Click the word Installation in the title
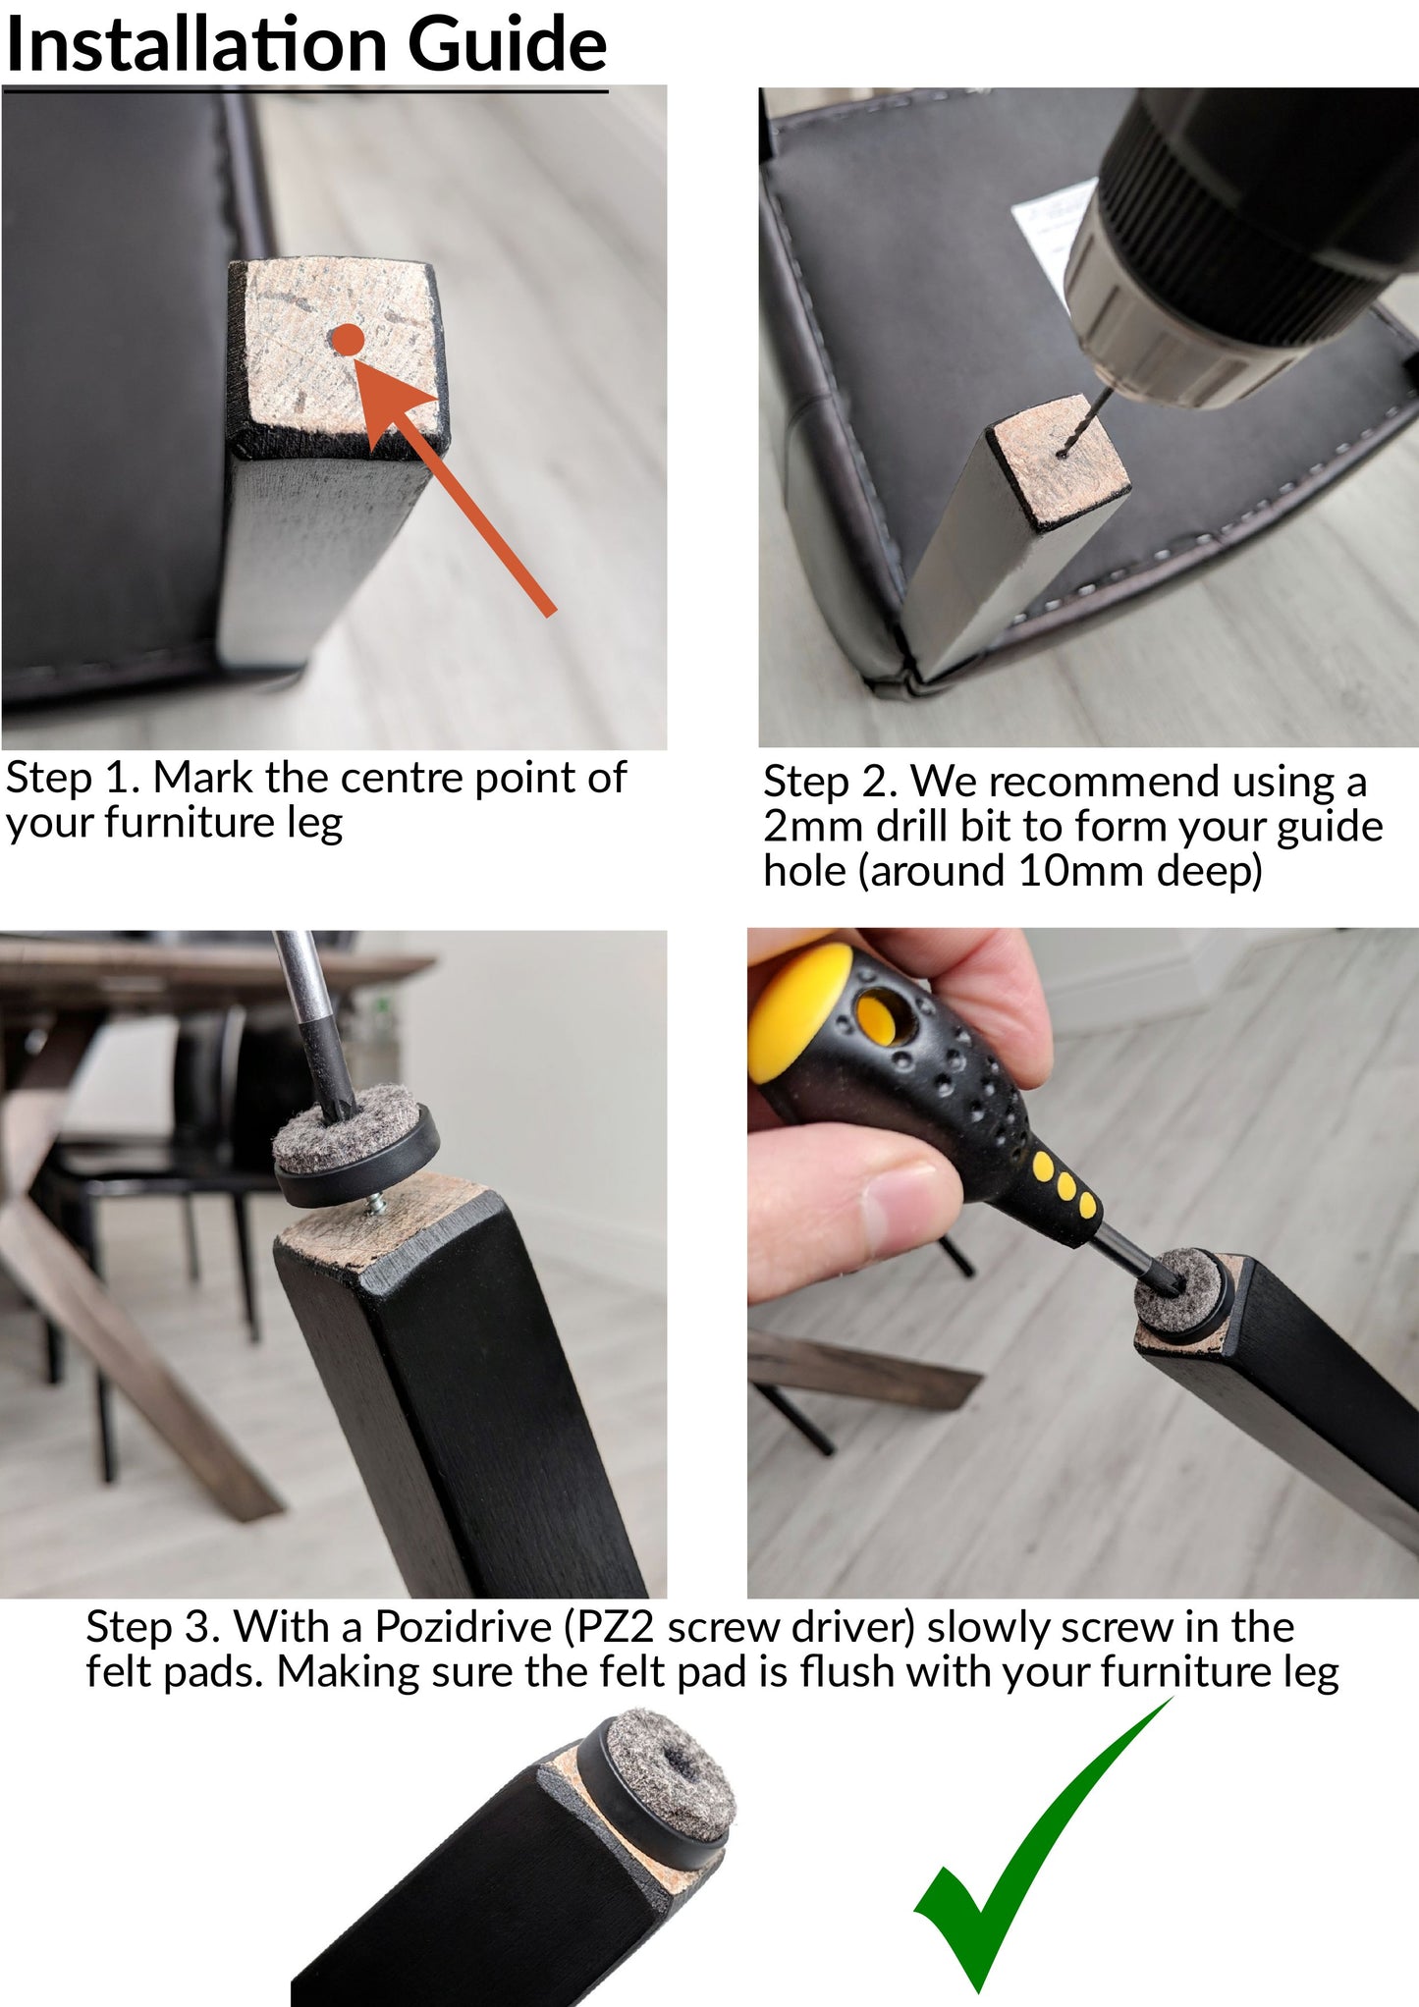tap(197, 44)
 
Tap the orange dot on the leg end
tap(349, 341)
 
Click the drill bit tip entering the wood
tap(1063, 453)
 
